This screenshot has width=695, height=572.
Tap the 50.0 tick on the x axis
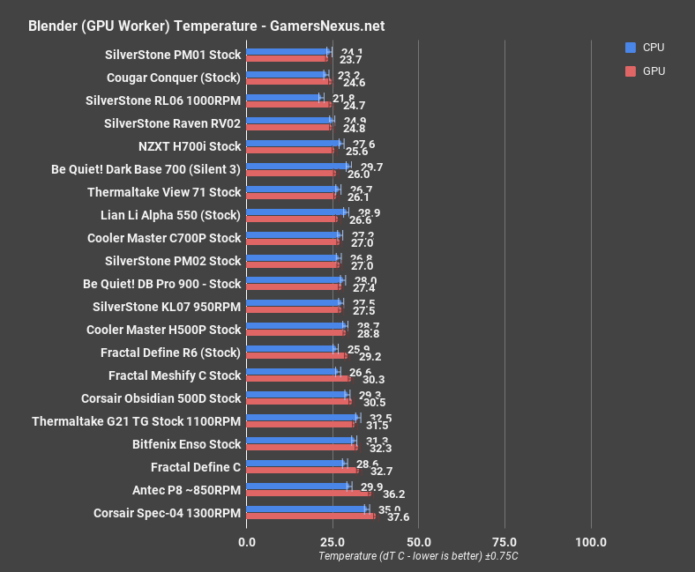coord(418,541)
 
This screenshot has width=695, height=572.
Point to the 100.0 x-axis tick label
coord(590,541)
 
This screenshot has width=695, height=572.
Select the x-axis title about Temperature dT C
coord(417,556)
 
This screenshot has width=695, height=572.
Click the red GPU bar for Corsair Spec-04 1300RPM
coord(310,516)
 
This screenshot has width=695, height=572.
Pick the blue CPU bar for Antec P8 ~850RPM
coord(298,486)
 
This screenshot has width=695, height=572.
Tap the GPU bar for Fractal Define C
coord(303,471)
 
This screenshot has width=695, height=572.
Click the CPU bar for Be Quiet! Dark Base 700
coord(297,165)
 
